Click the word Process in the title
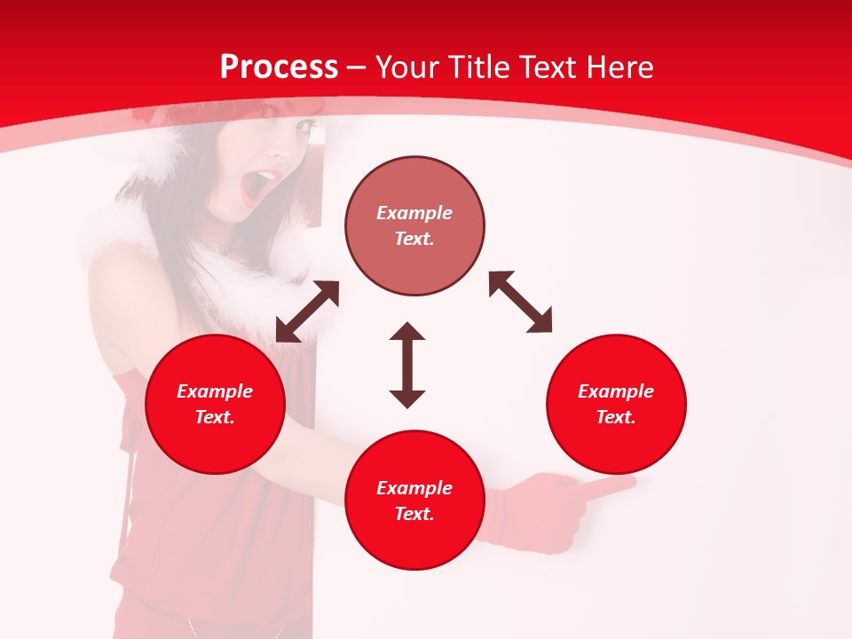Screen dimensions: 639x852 point(279,67)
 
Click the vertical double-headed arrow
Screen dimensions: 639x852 point(407,365)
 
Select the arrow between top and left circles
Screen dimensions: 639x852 point(307,312)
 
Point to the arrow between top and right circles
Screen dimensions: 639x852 point(520,302)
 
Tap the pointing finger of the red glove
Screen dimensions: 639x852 point(612,486)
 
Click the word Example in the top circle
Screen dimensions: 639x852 point(414,213)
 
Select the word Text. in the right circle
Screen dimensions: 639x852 point(616,417)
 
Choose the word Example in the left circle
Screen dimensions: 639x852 point(215,391)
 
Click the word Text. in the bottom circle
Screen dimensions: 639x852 point(414,514)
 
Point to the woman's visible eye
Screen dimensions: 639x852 point(304,127)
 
